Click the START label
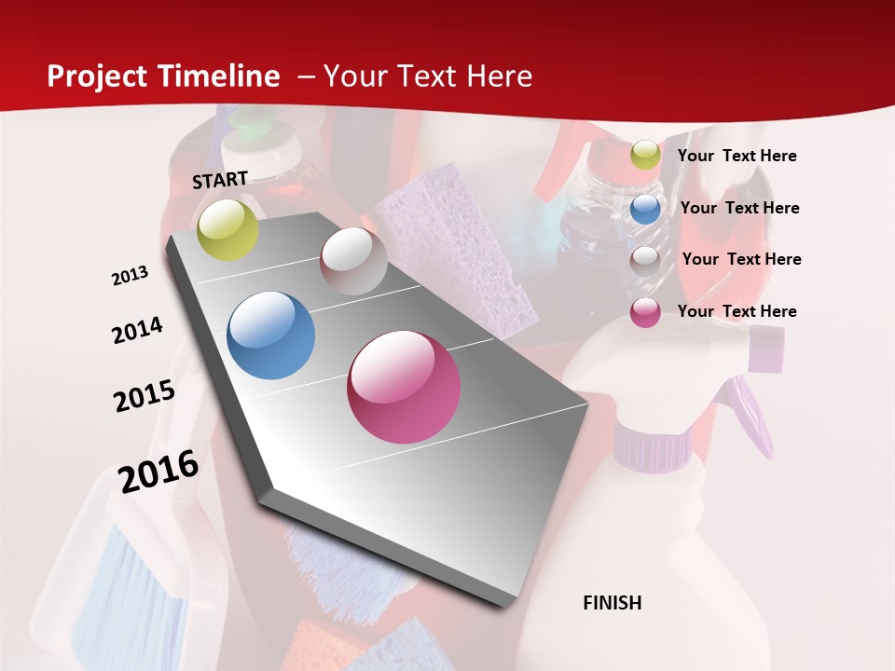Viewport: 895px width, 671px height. pyautogui.click(x=220, y=180)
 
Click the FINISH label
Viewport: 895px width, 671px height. pyautogui.click(x=613, y=603)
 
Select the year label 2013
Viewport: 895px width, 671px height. pyautogui.click(x=130, y=276)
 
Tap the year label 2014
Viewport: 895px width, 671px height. pyautogui.click(x=137, y=331)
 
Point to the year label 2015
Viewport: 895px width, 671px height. pyautogui.click(x=145, y=396)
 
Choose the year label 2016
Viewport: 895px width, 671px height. pyautogui.click(x=158, y=472)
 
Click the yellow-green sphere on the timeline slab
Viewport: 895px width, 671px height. pyautogui.click(x=227, y=230)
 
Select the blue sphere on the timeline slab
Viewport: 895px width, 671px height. pyautogui.click(x=271, y=335)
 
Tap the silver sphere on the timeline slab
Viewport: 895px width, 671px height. pyautogui.click(x=353, y=260)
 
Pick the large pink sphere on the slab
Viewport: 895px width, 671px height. pyautogui.click(x=404, y=387)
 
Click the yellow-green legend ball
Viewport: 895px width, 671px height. pyautogui.click(x=645, y=155)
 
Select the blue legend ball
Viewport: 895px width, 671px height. pyautogui.click(x=645, y=208)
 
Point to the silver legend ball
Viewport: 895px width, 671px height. pyautogui.click(x=645, y=260)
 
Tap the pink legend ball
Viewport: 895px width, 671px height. pyautogui.click(x=645, y=312)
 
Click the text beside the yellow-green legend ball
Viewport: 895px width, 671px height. pyautogui.click(x=737, y=157)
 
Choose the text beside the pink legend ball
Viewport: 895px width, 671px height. pyautogui.click(x=737, y=311)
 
